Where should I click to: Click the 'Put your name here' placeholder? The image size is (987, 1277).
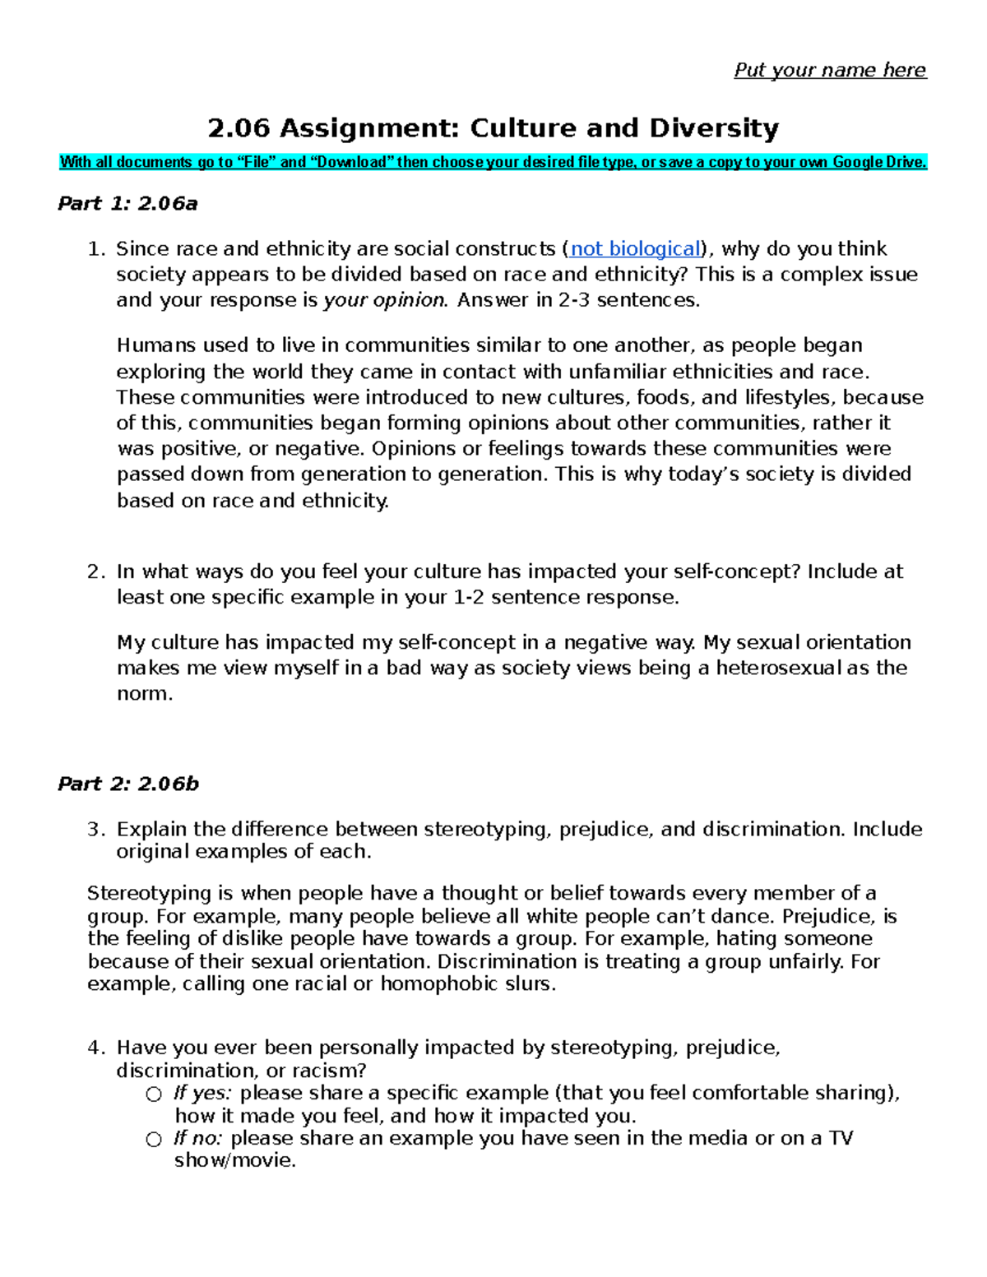829,70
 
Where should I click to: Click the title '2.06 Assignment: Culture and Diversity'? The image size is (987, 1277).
493,128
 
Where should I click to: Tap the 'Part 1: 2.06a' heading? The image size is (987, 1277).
127,204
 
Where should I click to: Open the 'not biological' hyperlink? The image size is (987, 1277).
635,249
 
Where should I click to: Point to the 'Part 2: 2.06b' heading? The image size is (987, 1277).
127,784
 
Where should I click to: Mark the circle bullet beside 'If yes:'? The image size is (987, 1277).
154,1094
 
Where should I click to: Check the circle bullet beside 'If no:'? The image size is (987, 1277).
154,1139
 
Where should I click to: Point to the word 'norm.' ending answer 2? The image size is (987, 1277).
145,693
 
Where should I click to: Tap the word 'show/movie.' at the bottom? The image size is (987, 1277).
234,1160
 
